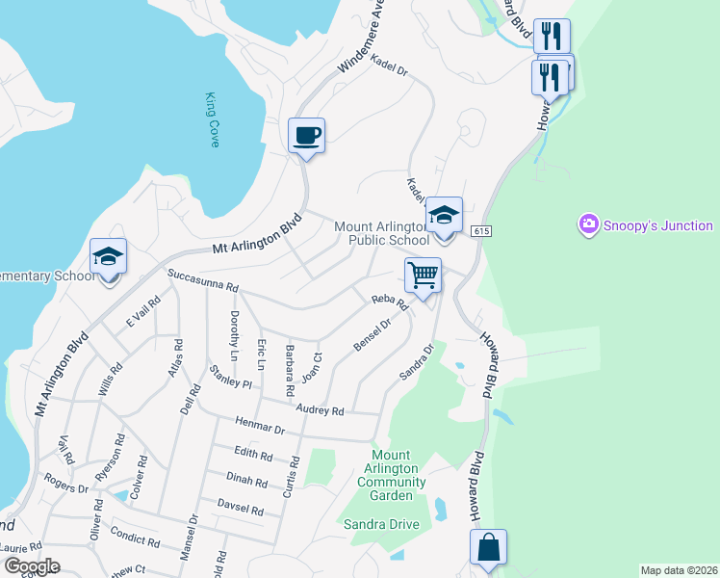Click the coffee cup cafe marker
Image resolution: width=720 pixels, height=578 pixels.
coord(307,136)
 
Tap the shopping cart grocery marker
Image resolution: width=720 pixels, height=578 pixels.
coord(424,276)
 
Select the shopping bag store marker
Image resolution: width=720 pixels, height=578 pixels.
coord(489,548)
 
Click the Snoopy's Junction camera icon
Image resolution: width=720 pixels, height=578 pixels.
coord(588,225)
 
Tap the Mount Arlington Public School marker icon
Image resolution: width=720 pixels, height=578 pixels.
coord(444,216)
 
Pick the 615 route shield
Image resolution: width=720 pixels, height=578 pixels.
coord(482,231)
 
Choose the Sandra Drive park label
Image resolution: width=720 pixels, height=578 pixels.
coord(381,524)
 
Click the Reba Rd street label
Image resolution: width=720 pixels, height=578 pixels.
coord(391,302)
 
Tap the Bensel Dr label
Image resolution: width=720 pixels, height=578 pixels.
coord(371,334)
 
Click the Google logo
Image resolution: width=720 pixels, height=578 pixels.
coord(32,566)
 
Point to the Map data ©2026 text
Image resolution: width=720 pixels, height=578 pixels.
coord(678,570)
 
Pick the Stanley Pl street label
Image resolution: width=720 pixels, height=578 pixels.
coord(231,377)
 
